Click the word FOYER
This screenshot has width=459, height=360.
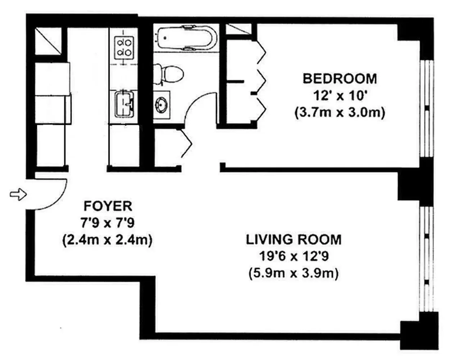(x=108, y=206)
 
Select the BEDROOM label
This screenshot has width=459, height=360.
(x=340, y=78)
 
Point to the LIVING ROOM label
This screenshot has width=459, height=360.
(x=294, y=239)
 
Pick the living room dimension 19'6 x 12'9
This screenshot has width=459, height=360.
(x=294, y=257)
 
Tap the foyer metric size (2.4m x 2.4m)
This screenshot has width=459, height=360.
(x=107, y=240)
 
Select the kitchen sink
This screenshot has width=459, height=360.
(x=124, y=104)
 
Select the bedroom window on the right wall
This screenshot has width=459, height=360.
(x=427, y=108)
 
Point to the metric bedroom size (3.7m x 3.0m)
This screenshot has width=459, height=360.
(x=340, y=113)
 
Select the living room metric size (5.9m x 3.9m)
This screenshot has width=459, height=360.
(x=294, y=274)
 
